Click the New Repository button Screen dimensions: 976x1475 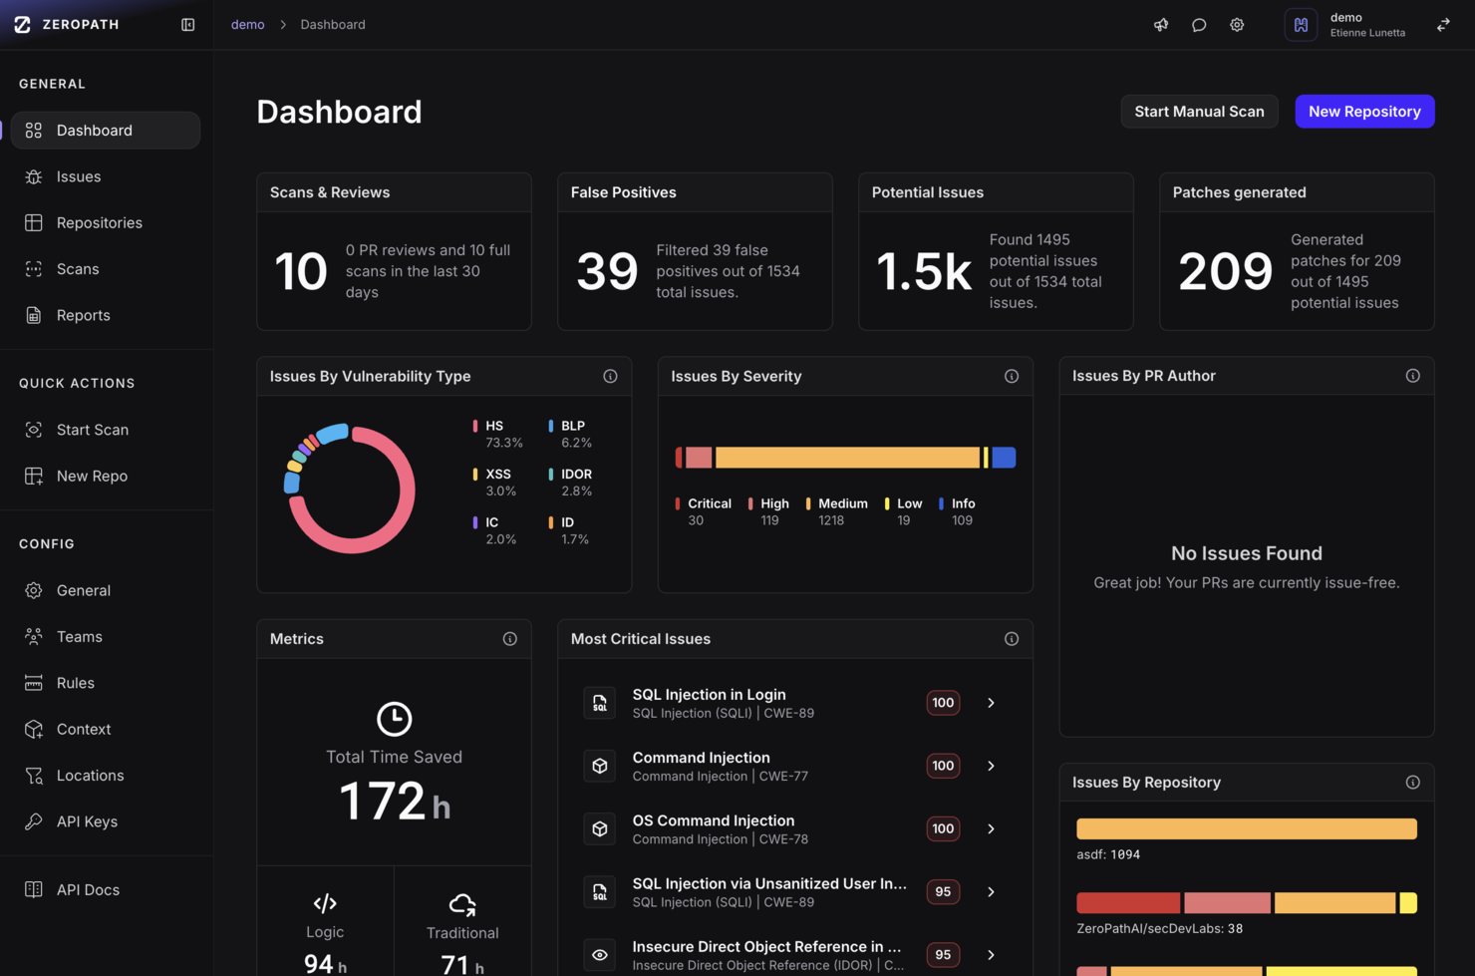[x=1363, y=112]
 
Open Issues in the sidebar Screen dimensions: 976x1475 [x=79, y=176]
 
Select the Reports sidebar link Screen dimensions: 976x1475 [x=83, y=315]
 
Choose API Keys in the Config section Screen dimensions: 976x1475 [x=87, y=821]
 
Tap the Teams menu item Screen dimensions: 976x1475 [x=79, y=636]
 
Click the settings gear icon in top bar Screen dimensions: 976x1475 [x=1236, y=25]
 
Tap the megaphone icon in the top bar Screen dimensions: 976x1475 [x=1161, y=25]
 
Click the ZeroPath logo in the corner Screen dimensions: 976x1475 [x=23, y=25]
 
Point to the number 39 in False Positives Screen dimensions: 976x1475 [x=607, y=271]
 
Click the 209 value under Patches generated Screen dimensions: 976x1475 [x=1225, y=271]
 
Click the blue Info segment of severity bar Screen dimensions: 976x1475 [x=1004, y=458]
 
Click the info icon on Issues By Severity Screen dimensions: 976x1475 [x=1011, y=376]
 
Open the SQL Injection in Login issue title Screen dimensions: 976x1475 [x=709, y=694]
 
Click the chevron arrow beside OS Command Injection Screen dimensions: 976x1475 [x=991, y=828]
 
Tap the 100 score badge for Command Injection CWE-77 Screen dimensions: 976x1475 [x=943, y=766]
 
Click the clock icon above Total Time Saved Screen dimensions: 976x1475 [x=394, y=719]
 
